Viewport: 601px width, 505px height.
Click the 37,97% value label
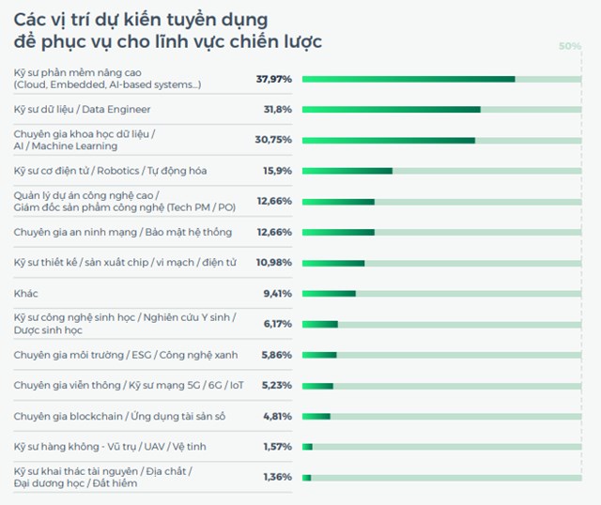[274, 79]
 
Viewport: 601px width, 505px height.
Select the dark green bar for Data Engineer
[391, 110]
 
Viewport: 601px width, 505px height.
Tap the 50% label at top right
[569, 46]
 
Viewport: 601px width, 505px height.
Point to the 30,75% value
[274, 140]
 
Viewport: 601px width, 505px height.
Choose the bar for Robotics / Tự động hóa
[347, 171]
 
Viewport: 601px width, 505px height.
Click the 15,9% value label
[278, 171]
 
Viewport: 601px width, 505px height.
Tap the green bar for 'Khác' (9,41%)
[329, 293]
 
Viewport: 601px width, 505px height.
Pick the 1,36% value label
[277, 477]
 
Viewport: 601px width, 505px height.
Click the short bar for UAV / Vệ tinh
[307, 447]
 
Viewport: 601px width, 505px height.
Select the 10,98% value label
[274, 263]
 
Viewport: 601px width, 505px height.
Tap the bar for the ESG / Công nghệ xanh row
[319, 355]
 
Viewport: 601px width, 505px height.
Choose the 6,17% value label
[277, 324]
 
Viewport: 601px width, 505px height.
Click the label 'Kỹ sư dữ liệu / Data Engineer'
[83, 110]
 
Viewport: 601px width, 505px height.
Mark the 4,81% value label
[277, 416]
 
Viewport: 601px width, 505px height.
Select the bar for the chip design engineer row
[332, 263]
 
